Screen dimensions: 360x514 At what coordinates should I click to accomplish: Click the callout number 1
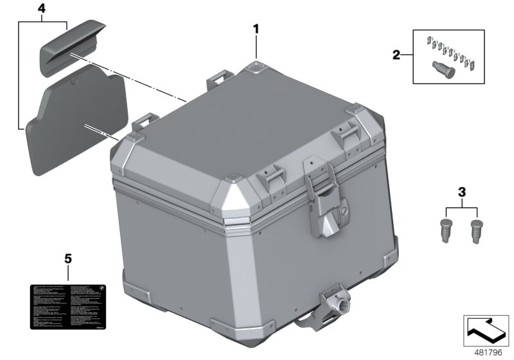click(x=256, y=29)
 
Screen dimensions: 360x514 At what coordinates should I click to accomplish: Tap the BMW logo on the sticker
click(x=102, y=288)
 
